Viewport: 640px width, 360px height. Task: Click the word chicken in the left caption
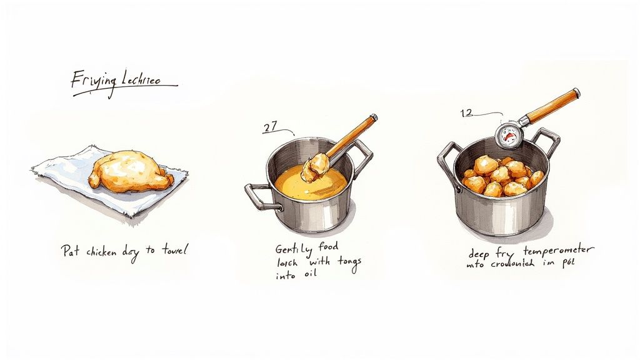click(x=105, y=252)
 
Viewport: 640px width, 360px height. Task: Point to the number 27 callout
click(x=270, y=127)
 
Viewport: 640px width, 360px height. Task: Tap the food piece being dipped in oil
click(x=316, y=166)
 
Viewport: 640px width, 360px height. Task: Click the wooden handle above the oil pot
click(x=353, y=134)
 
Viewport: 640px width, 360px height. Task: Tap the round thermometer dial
click(x=507, y=133)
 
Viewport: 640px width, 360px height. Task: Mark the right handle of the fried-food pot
click(x=547, y=140)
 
